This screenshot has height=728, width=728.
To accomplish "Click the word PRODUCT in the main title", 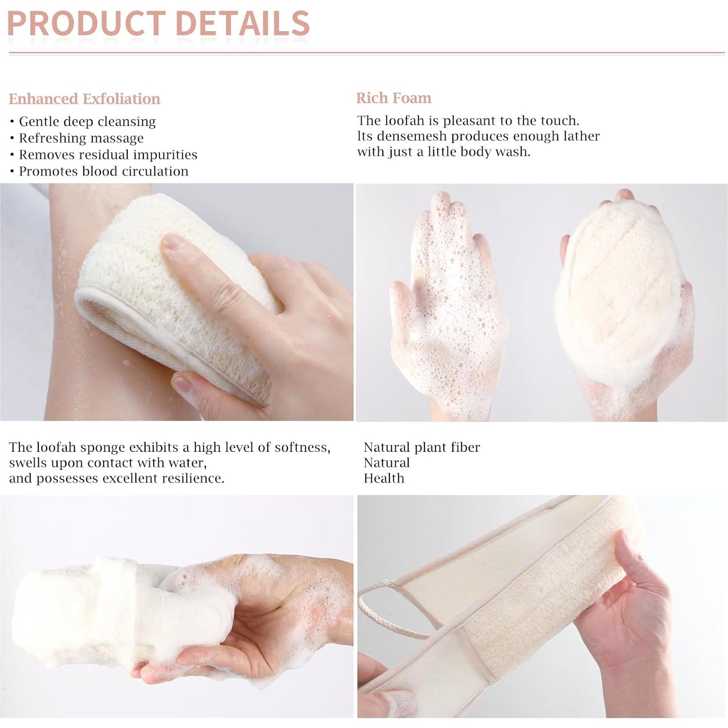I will pyautogui.click(x=87, y=23).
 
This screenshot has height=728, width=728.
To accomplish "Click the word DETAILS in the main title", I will pyautogui.click(x=242, y=23).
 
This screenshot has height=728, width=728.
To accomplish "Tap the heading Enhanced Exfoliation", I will pyautogui.click(x=84, y=99).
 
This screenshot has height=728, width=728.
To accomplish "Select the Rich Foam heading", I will pyautogui.click(x=393, y=98).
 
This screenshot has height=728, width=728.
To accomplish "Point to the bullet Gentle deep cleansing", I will pyautogui.click(x=87, y=122).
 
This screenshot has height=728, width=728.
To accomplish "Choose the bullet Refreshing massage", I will pyautogui.click(x=81, y=138).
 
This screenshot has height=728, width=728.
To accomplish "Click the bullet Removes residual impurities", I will pyautogui.click(x=108, y=155).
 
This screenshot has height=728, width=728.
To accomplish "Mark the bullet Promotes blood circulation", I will pyautogui.click(x=104, y=171).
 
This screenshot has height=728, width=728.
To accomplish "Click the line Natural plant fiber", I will pyautogui.click(x=422, y=447).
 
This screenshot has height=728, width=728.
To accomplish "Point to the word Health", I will pyautogui.click(x=384, y=479).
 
